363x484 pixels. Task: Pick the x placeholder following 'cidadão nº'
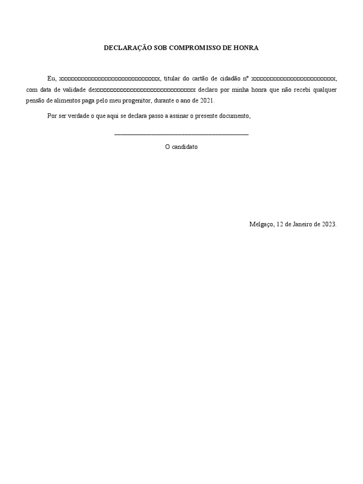pos(294,78)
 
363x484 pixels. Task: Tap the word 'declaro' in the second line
pos(208,89)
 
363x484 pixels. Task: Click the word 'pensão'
pos(35,101)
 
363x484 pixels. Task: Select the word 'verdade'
pos(77,116)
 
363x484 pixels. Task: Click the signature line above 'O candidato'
pos(181,135)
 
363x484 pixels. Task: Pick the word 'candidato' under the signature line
pos(185,147)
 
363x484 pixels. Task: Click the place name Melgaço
pos(261,225)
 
